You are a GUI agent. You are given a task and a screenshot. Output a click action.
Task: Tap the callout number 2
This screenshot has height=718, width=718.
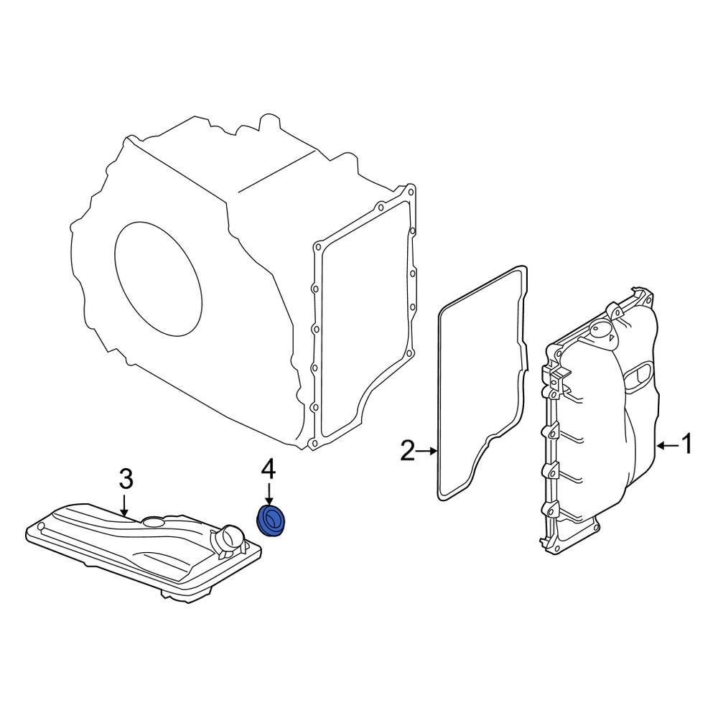(408, 451)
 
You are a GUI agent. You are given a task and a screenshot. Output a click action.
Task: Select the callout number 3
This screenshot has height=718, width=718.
(126, 478)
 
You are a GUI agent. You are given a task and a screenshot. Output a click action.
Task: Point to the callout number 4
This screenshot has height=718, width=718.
(269, 470)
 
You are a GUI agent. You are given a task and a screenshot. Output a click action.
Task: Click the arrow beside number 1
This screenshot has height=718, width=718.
(667, 444)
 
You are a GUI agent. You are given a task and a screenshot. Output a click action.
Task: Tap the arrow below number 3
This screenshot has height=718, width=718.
(124, 505)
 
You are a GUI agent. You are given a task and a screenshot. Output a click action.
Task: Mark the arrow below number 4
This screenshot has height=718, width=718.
(269, 495)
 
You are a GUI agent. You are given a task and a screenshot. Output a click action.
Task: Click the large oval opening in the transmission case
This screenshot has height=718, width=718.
(158, 279)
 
